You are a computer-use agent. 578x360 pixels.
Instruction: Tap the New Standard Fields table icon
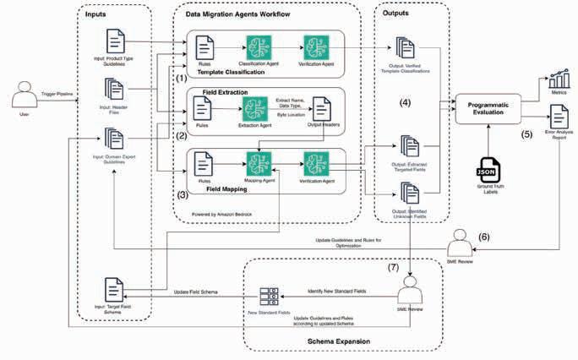pyautogui.click(x=270, y=297)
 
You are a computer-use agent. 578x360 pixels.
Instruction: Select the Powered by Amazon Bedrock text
pyautogui.click(x=222, y=215)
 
